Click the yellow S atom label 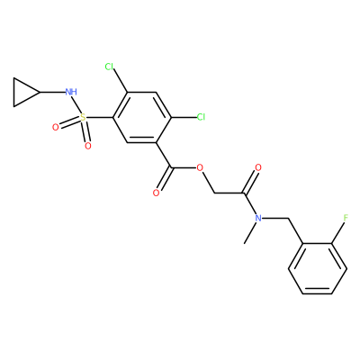pyautogui.click(x=83, y=117)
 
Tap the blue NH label pyautogui.click(x=71, y=92)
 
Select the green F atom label pyautogui.click(x=346, y=218)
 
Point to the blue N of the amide pyautogui.click(x=258, y=218)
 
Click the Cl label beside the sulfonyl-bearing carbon pyautogui.click(x=110, y=67)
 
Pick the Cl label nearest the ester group pyautogui.click(x=201, y=117)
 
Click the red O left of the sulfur pyautogui.click(x=55, y=128)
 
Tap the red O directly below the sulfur pyautogui.click(x=88, y=146)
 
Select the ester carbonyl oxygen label pyautogui.click(x=156, y=193)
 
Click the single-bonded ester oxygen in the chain pyautogui.click(x=200, y=167)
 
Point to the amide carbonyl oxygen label pyautogui.click(x=258, y=167)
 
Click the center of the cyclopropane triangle pyautogui.click(x=22, y=92)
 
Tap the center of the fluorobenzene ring pyautogui.click(x=318, y=268)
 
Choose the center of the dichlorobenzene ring pyautogui.click(x=142, y=117)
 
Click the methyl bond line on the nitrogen pyautogui.click(x=250, y=233)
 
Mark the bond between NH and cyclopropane pyautogui.click(x=52, y=92)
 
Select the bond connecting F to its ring pyautogui.click(x=337, y=233)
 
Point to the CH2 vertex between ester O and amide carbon pyautogui.click(x=214, y=193)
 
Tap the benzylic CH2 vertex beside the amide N pyautogui.click(x=287, y=218)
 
